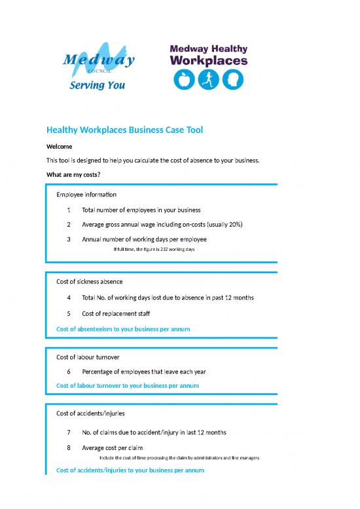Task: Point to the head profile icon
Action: click(x=232, y=79)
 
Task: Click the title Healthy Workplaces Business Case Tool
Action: click(x=124, y=130)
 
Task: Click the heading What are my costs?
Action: click(x=73, y=174)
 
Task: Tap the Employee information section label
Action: click(x=86, y=195)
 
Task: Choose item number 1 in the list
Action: click(x=68, y=210)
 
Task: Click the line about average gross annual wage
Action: click(x=162, y=225)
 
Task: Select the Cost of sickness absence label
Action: click(x=90, y=281)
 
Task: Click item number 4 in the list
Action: click(x=68, y=297)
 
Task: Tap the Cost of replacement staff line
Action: click(x=116, y=313)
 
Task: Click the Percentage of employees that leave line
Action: click(x=143, y=371)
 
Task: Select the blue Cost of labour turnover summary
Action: click(x=128, y=386)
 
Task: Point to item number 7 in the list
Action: click(x=68, y=432)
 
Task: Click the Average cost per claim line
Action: click(x=112, y=448)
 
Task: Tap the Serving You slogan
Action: click(x=98, y=85)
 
